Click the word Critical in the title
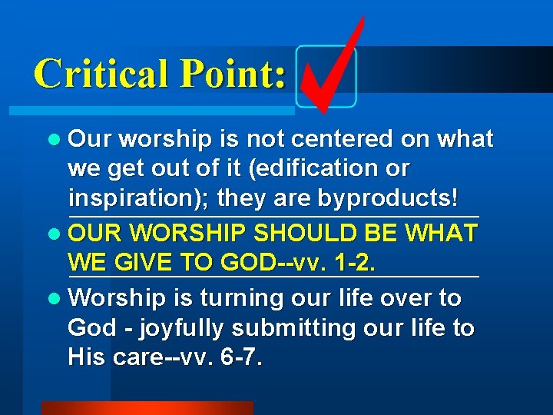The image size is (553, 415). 98,74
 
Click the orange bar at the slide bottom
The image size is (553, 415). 147,407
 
